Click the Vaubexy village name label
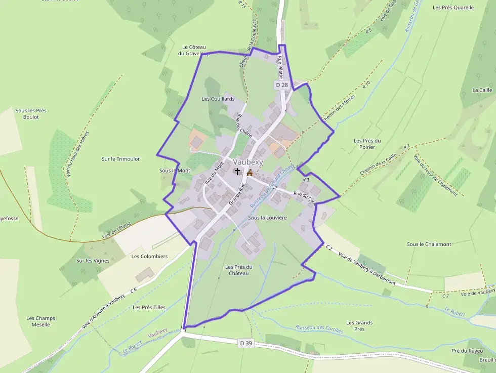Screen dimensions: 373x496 249,161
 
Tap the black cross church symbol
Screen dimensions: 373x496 237,172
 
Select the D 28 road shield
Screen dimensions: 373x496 282,85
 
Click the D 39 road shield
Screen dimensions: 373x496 245,343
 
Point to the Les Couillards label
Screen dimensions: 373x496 218,99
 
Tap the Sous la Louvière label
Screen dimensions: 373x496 267,218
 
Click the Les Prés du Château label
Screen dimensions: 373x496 239,270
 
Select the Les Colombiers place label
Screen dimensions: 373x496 149,257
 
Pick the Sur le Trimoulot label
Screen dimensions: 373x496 120,159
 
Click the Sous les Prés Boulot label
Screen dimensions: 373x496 31,114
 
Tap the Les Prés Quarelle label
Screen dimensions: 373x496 453,8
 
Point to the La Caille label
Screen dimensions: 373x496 482,90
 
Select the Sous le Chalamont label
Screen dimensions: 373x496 429,244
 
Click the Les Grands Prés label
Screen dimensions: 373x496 359,326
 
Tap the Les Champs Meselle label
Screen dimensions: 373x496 41,321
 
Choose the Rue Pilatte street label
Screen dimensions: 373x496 280,67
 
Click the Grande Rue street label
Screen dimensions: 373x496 236,194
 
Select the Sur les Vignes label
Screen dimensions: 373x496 93,261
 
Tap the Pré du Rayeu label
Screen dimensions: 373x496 467,351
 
